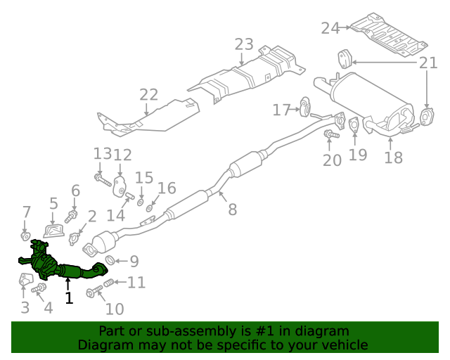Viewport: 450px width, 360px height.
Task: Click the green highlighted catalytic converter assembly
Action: (x=60, y=264)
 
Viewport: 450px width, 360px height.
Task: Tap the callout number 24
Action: (x=330, y=28)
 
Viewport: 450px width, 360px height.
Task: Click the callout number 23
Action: (x=243, y=45)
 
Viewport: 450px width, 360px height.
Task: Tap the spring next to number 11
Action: (x=109, y=283)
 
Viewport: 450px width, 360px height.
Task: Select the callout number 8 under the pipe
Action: (x=232, y=208)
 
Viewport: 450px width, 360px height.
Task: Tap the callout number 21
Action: (x=428, y=64)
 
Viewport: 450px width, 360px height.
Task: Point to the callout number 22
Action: (x=148, y=95)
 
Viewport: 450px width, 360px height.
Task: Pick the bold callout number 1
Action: (x=68, y=298)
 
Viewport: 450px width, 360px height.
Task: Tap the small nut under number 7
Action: (x=25, y=233)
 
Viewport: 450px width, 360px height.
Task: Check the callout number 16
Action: (x=167, y=188)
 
